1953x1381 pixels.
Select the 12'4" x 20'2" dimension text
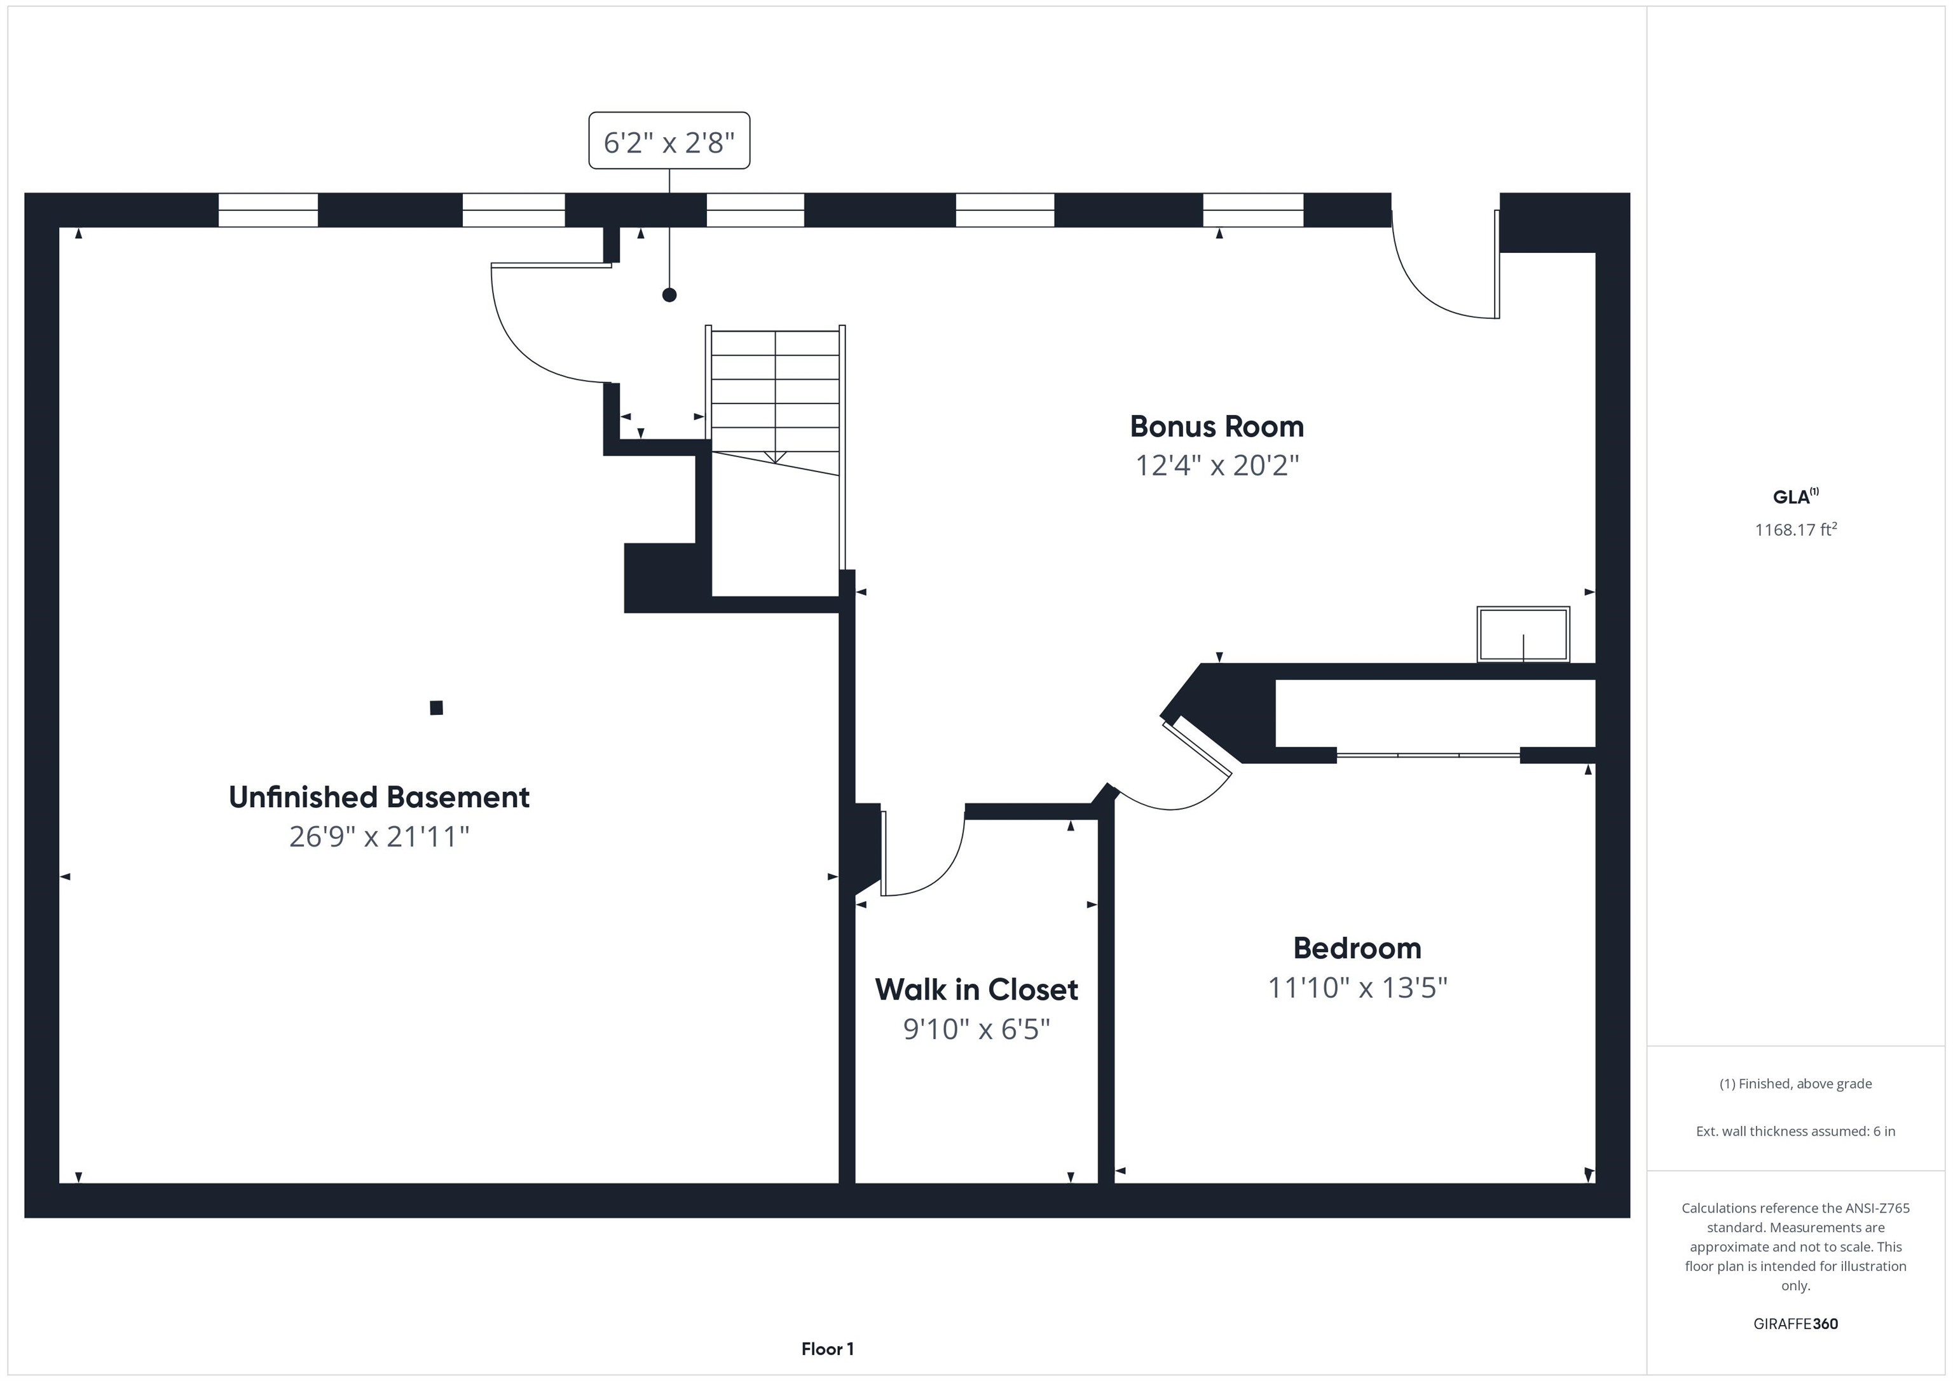pyautogui.click(x=1216, y=466)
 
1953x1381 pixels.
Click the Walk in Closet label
pyautogui.click(x=976, y=990)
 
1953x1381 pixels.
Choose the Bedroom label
pyautogui.click(x=1357, y=948)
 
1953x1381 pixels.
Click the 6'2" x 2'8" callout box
pyautogui.click(x=669, y=141)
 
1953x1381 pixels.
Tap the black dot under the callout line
pyautogui.click(x=669, y=295)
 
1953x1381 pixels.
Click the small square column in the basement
pyautogui.click(x=436, y=707)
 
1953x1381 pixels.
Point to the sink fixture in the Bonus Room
pyautogui.click(x=1523, y=634)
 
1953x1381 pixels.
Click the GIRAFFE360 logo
pyautogui.click(x=1795, y=1324)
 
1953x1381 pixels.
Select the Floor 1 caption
pyautogui.click(x=827, y=1349)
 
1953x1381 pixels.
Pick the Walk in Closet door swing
pyautogui.click(x=923, y=855)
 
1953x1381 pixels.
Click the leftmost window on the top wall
pyautogui.click(x=268, y=210)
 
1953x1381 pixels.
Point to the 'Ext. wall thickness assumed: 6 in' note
pyautogui.click(x=1795, y=1131)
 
